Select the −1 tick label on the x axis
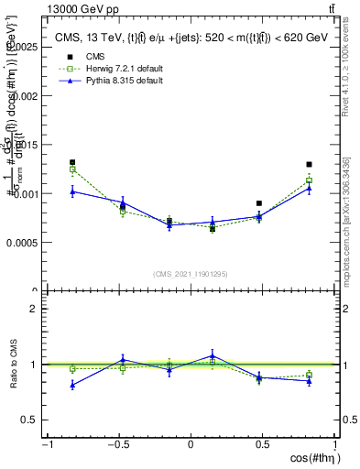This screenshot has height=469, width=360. (x=46, y=446)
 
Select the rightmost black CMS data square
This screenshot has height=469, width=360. (x=310, y=165)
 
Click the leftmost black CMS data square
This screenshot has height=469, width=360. (x=72, y=162)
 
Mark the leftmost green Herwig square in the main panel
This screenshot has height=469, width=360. (x=72, y=169)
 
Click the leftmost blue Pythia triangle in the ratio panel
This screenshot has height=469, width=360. (x=72, y=385)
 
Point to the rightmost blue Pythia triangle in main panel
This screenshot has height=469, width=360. (x=310, y=188)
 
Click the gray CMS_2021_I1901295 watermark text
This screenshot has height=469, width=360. (x=191, y=274)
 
